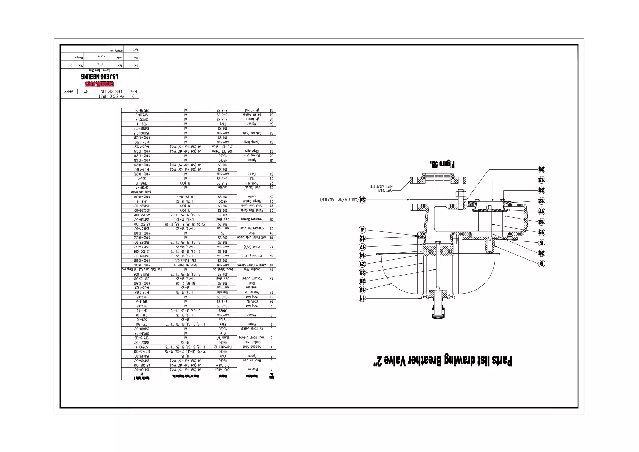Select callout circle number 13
click(541, 180)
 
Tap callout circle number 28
click(541, 190)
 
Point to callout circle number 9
click(542, 264)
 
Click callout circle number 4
click(362, 230)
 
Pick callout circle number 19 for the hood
click(362, 290)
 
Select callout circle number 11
click(362, 298)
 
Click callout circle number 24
click(362, 200)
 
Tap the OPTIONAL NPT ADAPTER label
click(381, 188)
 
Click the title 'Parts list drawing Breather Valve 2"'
click(442, 361)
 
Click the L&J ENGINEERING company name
click(100, 77)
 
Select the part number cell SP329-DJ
click(142, 111)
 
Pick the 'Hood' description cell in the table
click(252, 233)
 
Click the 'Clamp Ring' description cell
click(252, 142)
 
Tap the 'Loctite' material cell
click(223, 188)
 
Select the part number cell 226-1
click(142, 179)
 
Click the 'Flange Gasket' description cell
click(252, 201)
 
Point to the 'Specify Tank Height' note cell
click(142, 192)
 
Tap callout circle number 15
click(541, 232)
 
